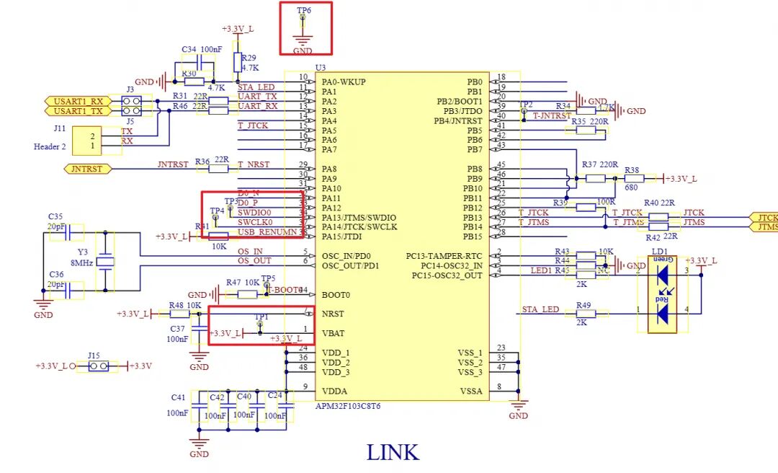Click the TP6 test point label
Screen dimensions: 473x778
304,11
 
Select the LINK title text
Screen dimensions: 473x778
393,452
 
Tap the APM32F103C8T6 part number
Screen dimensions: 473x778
348,406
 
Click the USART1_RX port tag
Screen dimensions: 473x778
78,102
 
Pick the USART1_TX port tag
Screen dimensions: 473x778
78,111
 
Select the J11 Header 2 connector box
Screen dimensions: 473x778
102,141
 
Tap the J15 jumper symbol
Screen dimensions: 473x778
98,366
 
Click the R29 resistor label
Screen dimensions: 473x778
249,57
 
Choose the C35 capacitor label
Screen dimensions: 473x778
55,216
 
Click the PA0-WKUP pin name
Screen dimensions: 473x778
344,82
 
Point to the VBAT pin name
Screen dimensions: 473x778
334,334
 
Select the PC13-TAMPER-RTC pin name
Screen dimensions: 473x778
444,256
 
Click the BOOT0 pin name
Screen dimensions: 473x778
335,295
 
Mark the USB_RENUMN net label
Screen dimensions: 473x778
267,232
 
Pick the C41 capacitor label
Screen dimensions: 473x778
178,397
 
